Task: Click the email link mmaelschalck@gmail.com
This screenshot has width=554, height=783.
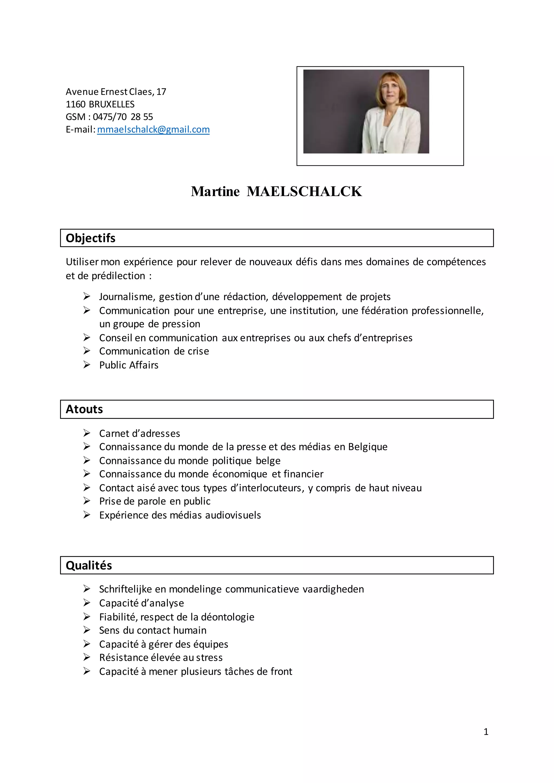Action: (x=153, y=130)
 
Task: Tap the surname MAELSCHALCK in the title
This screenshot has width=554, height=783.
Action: (x=304, y=191)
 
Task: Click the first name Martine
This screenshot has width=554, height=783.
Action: (x=215, y=191)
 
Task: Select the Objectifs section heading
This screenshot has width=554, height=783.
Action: (x=90, y=238)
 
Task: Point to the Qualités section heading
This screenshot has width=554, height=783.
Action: (x=89, y=565)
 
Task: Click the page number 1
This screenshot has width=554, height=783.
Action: (x=486, y=732)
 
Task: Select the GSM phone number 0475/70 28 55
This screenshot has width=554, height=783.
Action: (x=123, y=117)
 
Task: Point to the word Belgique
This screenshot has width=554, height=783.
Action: (x=368, y=447)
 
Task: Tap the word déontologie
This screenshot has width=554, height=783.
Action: (x=227, y=617)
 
